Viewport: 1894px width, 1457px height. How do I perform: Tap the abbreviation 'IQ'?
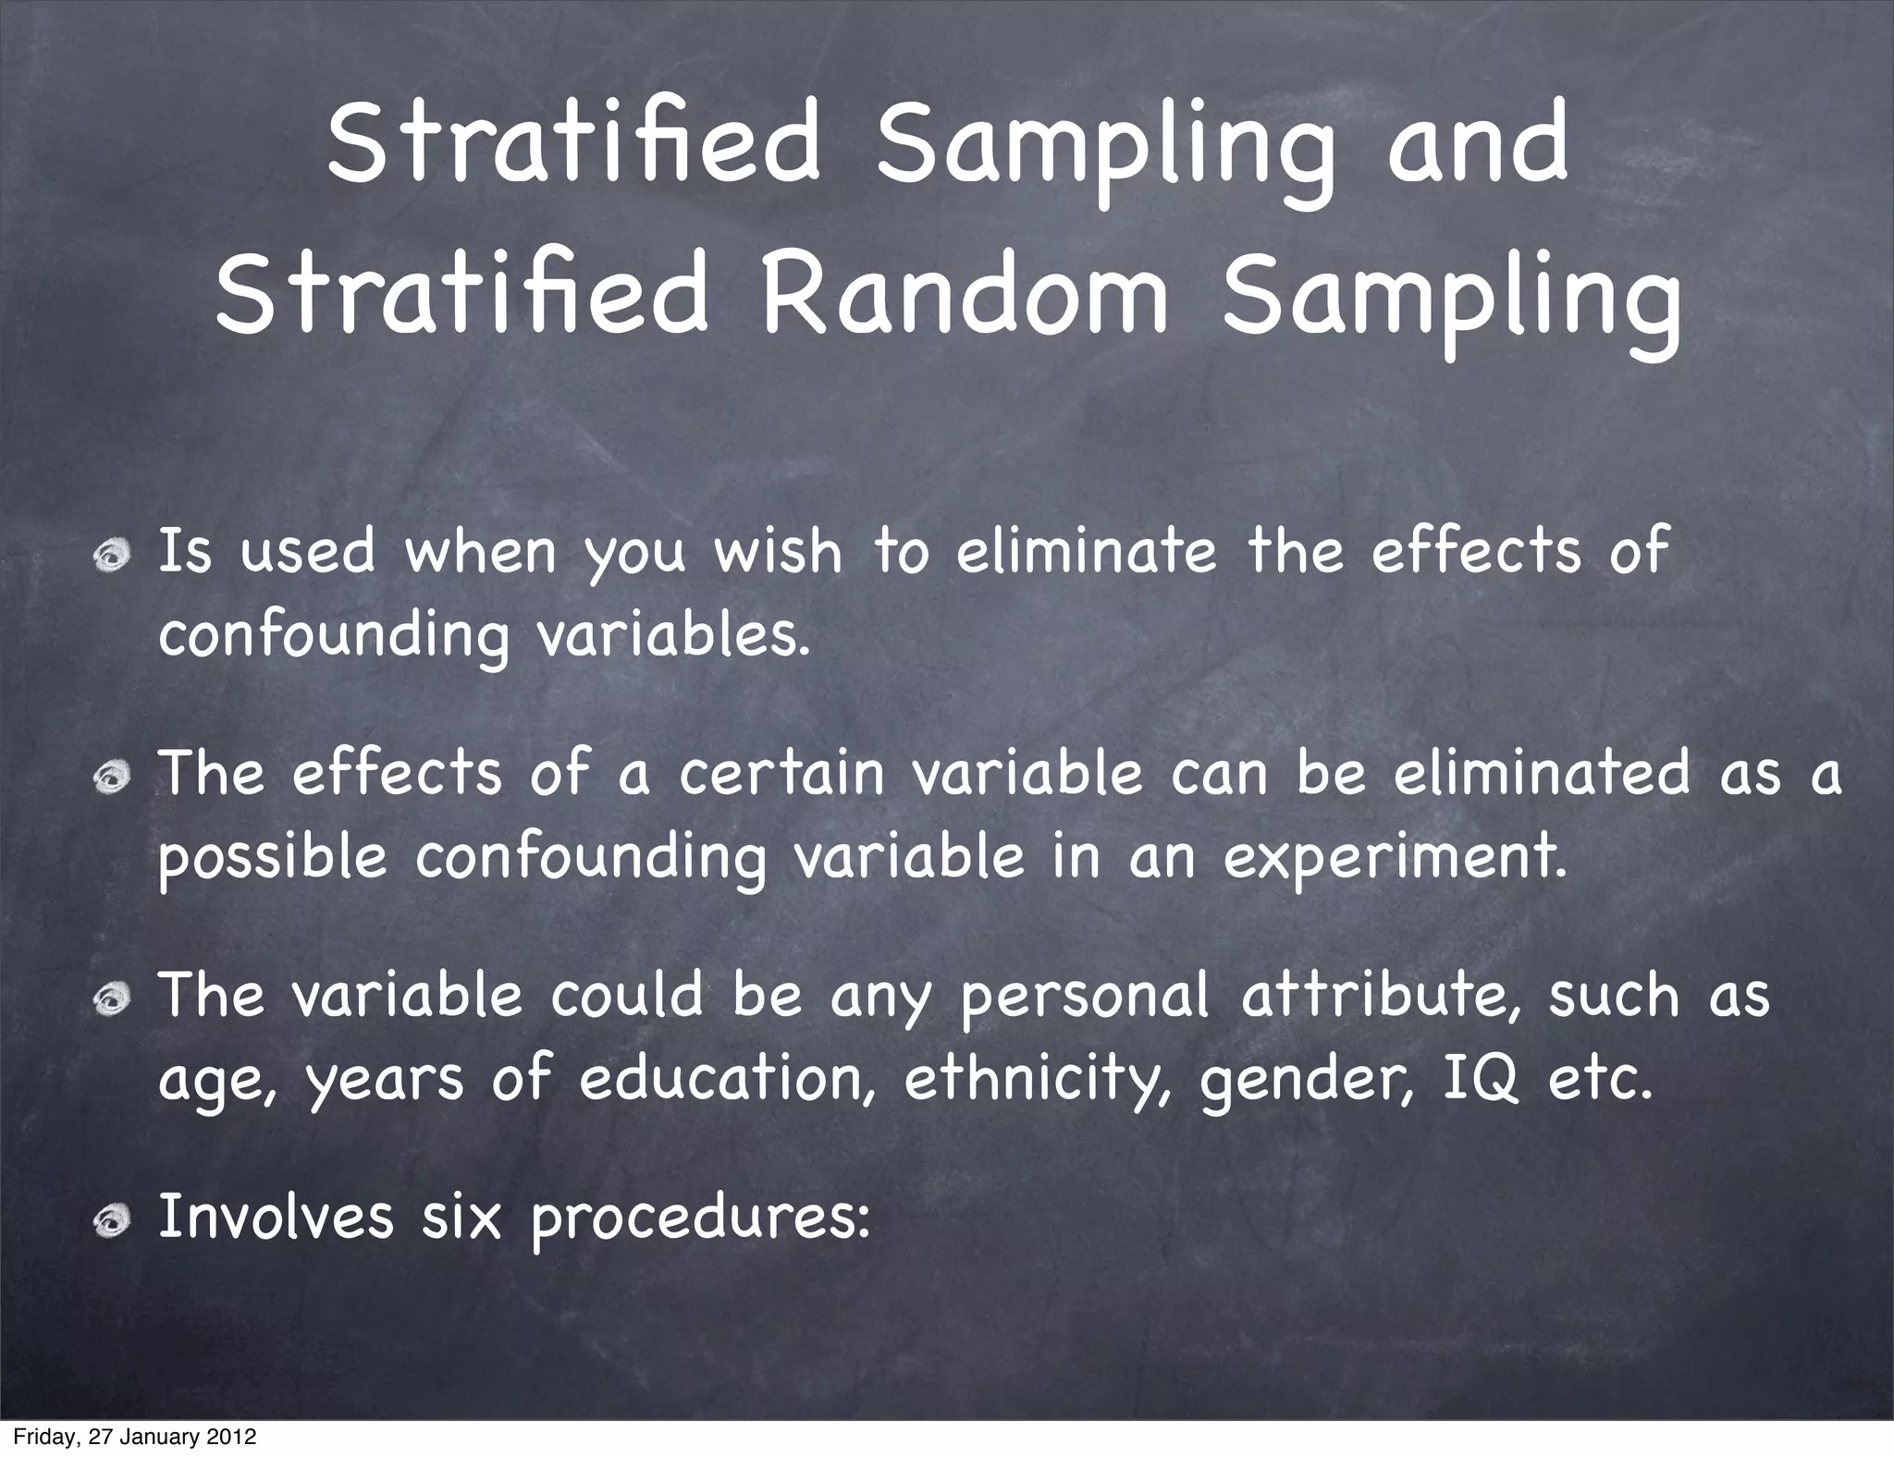pos(1481,1080)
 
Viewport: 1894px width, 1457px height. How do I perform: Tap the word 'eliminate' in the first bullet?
pos(1086,551)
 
